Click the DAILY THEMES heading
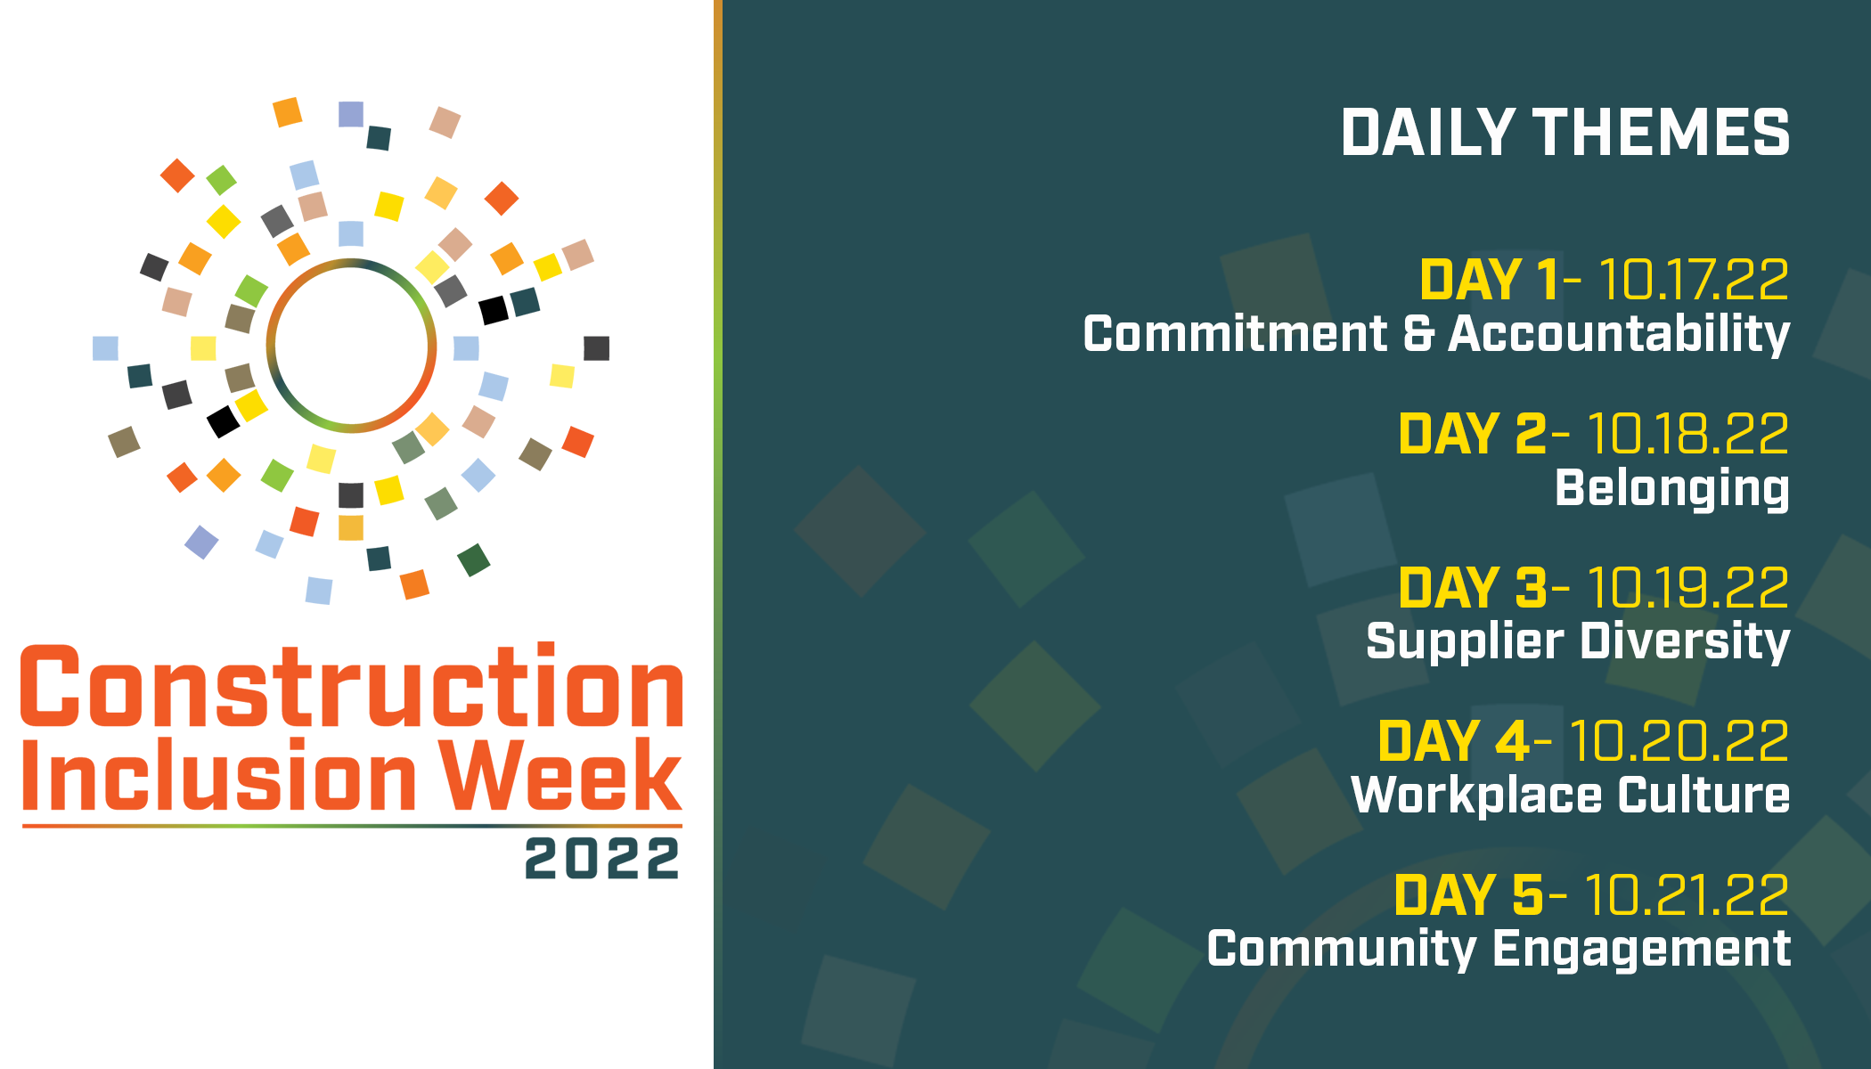pos(1565,133)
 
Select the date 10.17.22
pos(1694,280)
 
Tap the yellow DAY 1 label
pos(1489,280)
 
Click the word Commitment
pos(1235,334)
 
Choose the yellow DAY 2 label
pos(1472,434)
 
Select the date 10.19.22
pos(1687,588)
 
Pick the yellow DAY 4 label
pos(1453,741)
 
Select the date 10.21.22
pos(1687,895)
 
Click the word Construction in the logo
pos(352,685)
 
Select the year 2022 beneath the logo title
pos(602,859)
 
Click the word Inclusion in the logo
pos(219,774)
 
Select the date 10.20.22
pos(1678,741)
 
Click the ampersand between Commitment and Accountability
pos(1418,334)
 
